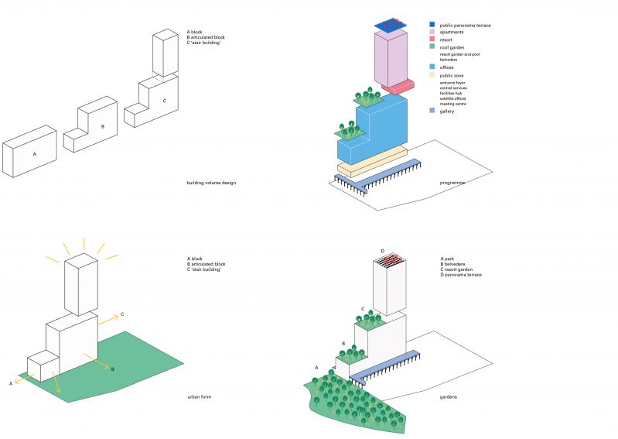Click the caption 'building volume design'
[211, 183]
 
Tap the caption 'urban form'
[199, 397]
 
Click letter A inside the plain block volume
[34, 154]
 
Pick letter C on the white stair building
[164, 101]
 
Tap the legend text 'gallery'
[447, 111]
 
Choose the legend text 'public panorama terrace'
[465, 26]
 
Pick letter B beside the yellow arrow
[112, 369]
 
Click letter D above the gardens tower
[382, 251]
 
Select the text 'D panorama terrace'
[461, 275]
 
